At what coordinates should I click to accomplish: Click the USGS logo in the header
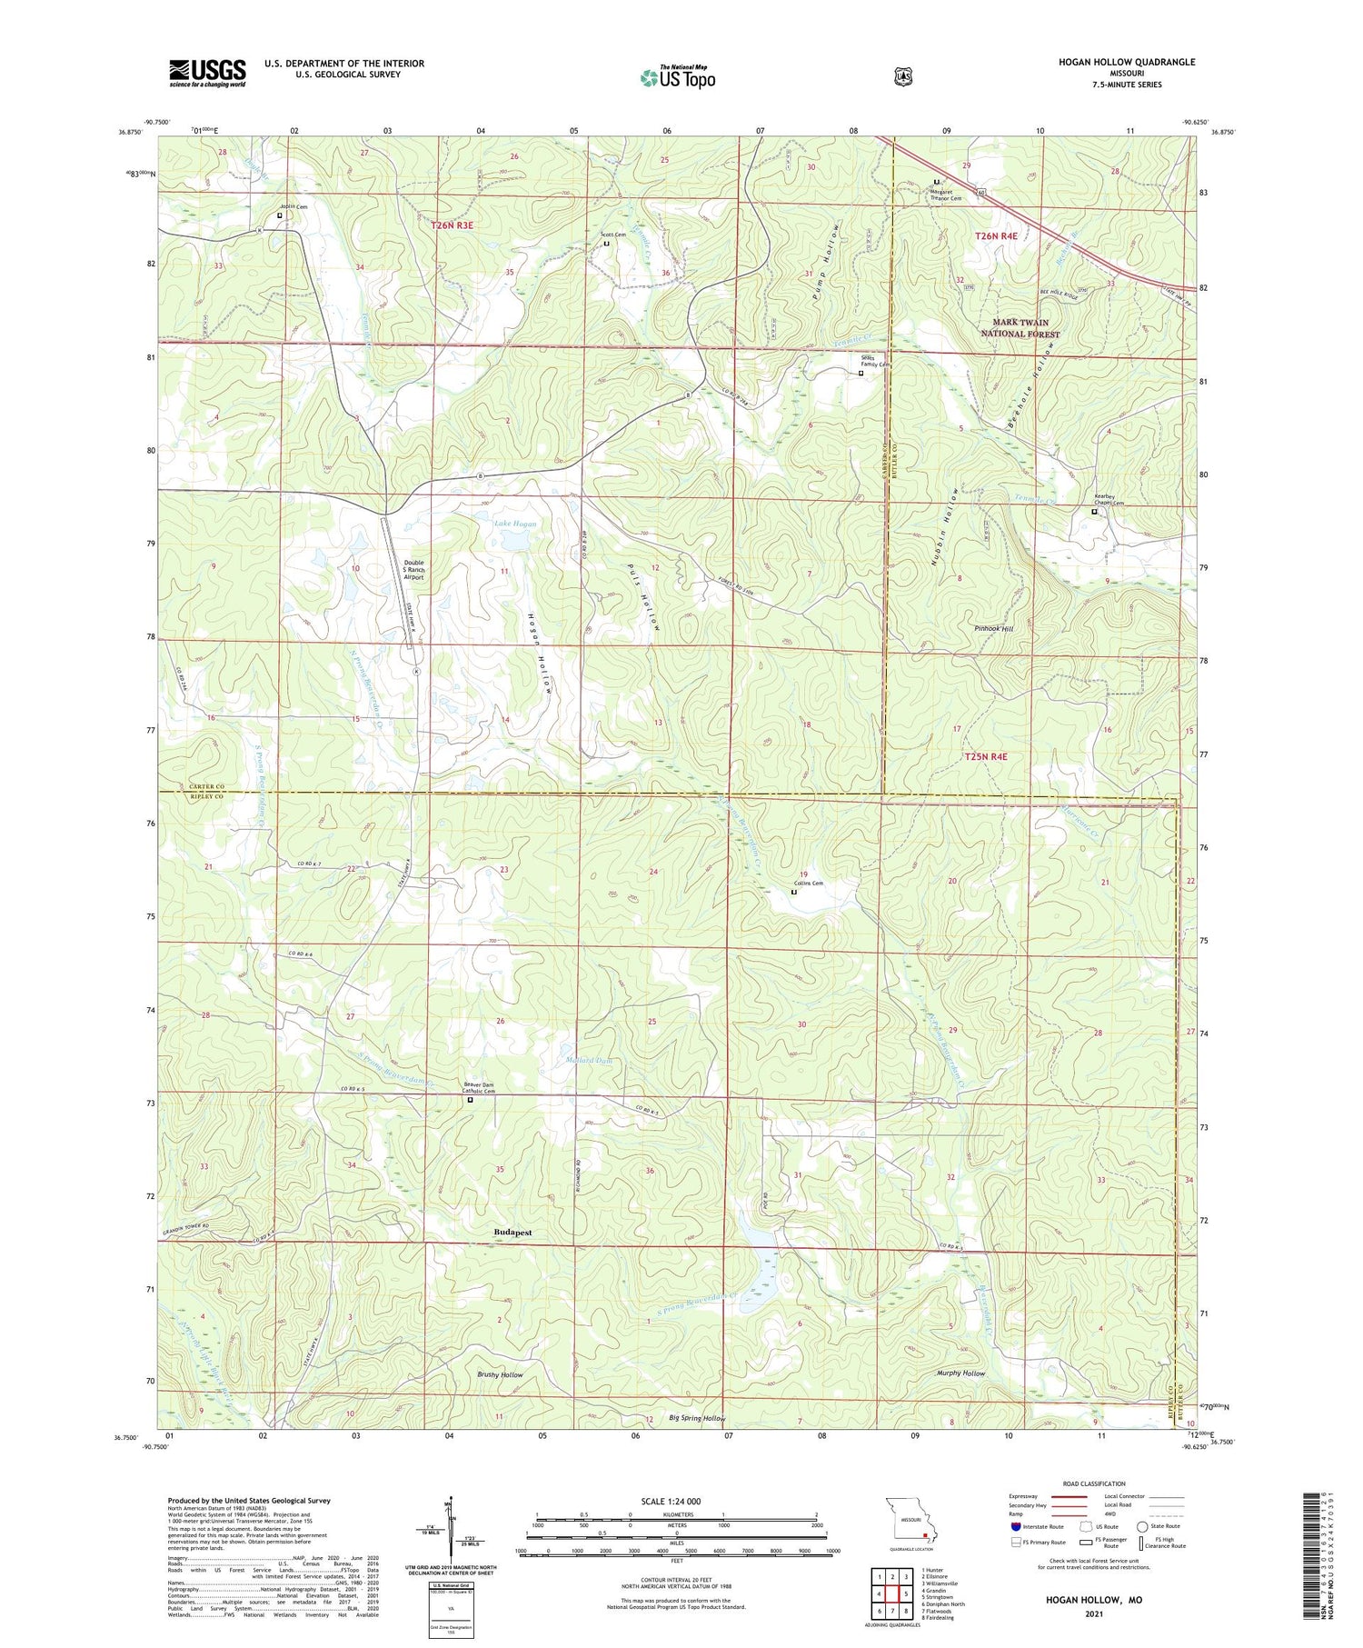click(x=207, y=73)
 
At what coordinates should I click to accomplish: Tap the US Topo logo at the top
click(x=677, y=77)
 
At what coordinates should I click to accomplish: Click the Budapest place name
click(x=512, y=1233)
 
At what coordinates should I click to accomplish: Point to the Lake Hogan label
click(x=514, y=524)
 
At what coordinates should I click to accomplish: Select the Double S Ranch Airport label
click(x=413, y=569)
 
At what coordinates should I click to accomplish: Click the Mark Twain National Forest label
click(x=1014, y=328)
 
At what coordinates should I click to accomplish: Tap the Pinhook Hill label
click(x=993, y=628)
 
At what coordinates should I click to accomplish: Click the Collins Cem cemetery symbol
click(x=793, y=892)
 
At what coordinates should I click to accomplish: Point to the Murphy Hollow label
click(x=960, y=1373)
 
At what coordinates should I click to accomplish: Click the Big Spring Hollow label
click(x=697, y=1418)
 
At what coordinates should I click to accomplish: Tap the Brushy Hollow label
click(x=500, y=1374)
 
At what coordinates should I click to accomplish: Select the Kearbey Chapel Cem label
click(x=1109, y=500)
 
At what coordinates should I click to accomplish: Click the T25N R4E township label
click(x=986, y=756)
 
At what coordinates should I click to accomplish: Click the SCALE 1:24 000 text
click(x=671, y=1501)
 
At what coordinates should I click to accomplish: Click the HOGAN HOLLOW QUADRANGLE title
click(x=1126, y=62)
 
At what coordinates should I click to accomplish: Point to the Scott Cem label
click(x=613, y=235)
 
